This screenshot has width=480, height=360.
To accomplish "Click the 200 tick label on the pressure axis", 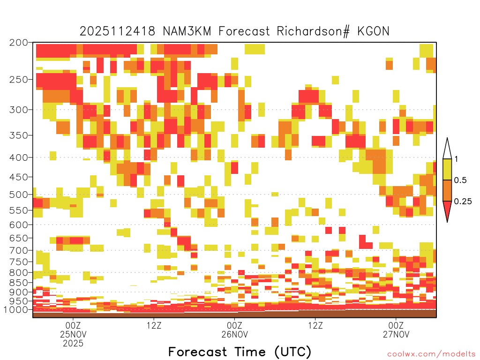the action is tap(18, 43).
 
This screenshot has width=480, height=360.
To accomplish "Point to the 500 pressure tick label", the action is tap(18, 195).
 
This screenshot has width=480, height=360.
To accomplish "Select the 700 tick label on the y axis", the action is tap(18, 250).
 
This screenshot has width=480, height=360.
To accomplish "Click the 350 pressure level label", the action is tap(18, 135).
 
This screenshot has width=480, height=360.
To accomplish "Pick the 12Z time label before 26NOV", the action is tap(154, 325).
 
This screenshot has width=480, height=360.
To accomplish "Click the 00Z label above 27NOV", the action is tap(396, 325).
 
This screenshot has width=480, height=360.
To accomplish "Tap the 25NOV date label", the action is tap(73, 334).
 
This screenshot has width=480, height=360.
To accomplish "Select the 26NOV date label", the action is tap(234, 334).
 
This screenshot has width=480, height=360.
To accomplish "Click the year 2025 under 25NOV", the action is tap(73, 344).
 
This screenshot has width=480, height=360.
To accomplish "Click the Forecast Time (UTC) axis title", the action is tap(240, 352).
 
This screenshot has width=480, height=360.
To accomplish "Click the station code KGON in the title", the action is tap(373, 31).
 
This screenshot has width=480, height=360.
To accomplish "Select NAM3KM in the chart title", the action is tap(187, 31).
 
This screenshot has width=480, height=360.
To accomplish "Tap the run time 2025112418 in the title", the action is tap(117, 31).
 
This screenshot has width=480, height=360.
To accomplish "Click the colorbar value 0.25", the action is tap(463, 202).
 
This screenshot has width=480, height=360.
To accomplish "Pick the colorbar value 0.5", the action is tap(460, 180).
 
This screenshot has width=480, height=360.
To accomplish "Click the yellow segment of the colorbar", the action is tap(447, 170).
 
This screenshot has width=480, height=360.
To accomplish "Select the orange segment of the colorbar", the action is tap(447, 191).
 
